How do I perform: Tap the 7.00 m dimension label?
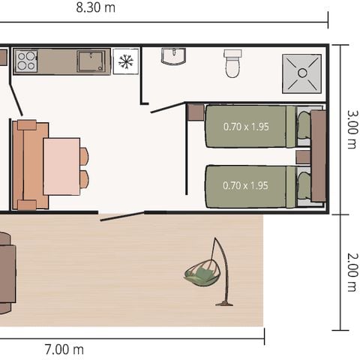tap(64, 349)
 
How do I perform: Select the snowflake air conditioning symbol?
tap(126, 61)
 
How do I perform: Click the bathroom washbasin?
tap(173, 56)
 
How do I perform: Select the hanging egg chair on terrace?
tap(200, 274)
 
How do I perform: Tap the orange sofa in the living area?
tap(30, 165)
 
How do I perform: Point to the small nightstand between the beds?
tap(302, 157)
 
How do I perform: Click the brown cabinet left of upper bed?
tap(195, 114)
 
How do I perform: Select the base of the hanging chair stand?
tap(223, 303)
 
